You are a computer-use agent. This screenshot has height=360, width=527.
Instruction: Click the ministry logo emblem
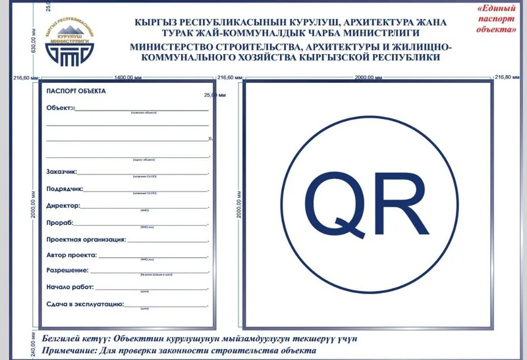click(68, 43)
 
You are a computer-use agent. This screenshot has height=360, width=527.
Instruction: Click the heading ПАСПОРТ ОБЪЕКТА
click(76, 91)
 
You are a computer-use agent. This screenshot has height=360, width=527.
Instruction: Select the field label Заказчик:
click(62, 172)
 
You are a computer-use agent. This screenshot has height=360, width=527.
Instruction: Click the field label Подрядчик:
click(64, 189)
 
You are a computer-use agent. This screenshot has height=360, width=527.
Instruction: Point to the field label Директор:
click(63, 206)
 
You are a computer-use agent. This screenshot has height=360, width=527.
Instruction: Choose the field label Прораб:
click(60, 223)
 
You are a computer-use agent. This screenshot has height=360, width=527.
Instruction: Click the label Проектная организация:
click(86, 240)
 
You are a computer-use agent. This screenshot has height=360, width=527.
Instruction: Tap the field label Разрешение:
click(68, 271)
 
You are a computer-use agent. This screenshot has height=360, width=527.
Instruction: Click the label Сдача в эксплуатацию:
click(85, 305)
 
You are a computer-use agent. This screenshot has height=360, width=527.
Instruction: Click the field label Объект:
click(59, 107)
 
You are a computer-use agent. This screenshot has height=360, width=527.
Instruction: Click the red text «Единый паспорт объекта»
click(494, 19)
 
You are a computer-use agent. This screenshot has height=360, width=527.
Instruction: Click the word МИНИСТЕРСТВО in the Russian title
click(172, 47)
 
